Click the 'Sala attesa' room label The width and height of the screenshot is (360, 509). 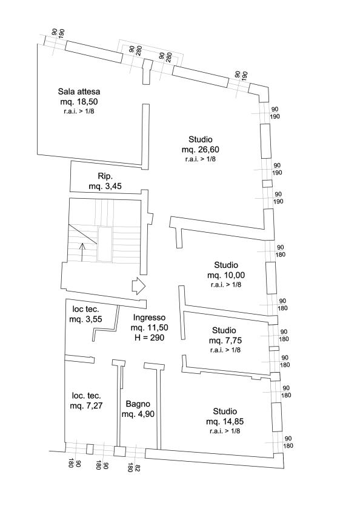(x=79, y=91)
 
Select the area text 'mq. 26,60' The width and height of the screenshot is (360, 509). (x=200, y=150)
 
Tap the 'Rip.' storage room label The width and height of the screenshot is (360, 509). (x=105, y=176)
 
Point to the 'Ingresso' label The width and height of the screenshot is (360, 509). (x=149, y=318)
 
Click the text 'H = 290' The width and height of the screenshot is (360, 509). (x=149, y=338)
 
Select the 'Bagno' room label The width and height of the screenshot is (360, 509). (x=138, y=404)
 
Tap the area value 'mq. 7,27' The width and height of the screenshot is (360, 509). (x=86, y=406)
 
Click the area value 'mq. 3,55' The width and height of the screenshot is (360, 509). (x=85, y=319)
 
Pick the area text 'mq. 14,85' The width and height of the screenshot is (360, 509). (x=225, y=422)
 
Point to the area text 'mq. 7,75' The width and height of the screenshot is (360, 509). (x=225, y=341)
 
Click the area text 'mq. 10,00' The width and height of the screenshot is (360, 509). (x=226, y=275)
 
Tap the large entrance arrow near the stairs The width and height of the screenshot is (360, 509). (x=139, y=286)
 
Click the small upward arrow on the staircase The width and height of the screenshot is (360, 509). (x=82, y=252)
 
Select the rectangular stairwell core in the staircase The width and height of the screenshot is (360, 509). (x=105, y=244)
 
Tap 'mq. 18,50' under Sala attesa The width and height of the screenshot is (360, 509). (x=79, y=102)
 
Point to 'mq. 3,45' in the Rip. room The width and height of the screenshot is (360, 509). (x=105, y=187)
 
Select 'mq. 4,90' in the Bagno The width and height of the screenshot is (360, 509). (x=138, y=414)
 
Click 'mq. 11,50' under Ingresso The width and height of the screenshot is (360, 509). (x=149, y=328)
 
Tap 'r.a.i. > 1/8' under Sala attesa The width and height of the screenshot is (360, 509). (x=79, y=111)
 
